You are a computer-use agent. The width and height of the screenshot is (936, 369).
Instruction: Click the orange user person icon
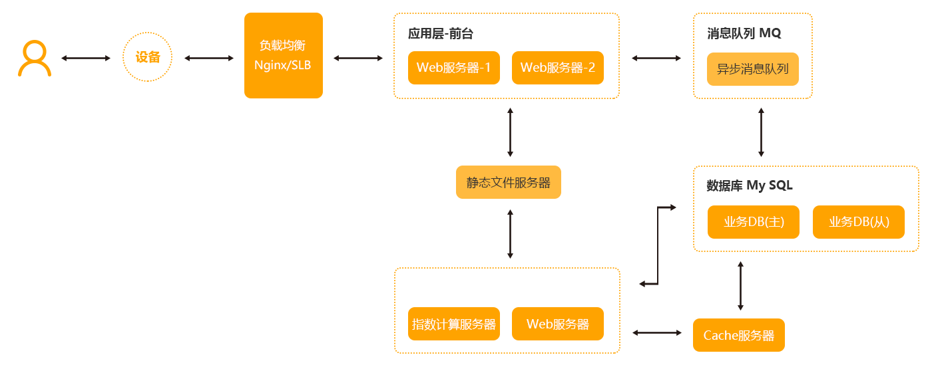pos(35,59)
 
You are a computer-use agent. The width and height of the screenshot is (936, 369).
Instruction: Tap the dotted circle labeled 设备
pos(148,58)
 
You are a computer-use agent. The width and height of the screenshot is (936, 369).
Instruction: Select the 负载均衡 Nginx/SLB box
pos(283,56)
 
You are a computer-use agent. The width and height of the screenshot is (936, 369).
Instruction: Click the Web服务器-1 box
pos(453,68)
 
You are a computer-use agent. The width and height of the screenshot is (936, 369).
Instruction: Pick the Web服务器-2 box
pos(557,68)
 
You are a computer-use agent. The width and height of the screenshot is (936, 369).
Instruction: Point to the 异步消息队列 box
pos(752,69)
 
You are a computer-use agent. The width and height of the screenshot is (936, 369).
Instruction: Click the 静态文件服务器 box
pos(508,182)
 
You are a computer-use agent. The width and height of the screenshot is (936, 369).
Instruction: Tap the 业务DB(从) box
pos(858,222)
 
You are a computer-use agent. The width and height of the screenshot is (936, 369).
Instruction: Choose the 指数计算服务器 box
pos(453,324)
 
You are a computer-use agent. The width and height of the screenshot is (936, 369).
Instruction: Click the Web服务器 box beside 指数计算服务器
pos(557,324)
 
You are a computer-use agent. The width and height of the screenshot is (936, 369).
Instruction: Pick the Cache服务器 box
pos(738,335)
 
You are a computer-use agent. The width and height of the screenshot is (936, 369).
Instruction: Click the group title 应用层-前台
pos(441,34)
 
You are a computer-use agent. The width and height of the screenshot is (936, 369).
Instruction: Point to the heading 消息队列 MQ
pos(744,34)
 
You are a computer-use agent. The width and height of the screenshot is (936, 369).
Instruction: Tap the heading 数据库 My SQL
pos(749,185)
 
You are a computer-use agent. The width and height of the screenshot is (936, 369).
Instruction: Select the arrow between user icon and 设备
pos(86,59)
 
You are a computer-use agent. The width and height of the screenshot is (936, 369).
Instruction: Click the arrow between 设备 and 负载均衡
pos(209,59)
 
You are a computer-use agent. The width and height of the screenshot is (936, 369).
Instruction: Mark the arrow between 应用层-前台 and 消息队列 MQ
pos(656,59)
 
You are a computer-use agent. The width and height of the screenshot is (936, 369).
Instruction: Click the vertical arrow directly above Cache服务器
pos(740,286)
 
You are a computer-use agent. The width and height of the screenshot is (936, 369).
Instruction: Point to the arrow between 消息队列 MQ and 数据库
pos(761,132)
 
